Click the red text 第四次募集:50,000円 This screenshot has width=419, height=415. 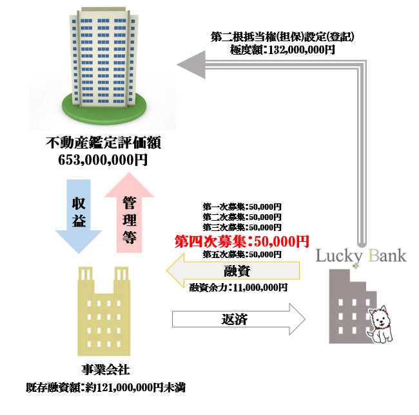tap(242, 241)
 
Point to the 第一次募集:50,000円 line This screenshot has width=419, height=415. tap(242, 207)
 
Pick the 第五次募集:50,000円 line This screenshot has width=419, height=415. tap(242, 254)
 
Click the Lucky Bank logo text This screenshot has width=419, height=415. tap(361, 256)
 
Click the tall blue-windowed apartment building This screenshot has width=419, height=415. tap(103, 58)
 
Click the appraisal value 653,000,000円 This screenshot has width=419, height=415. tap(104, 159)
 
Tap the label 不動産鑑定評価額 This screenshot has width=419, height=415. tap(104, 142)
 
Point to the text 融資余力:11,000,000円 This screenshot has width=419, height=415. tap(239, 288)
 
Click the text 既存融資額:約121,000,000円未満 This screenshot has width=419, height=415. tap(102, 388)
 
